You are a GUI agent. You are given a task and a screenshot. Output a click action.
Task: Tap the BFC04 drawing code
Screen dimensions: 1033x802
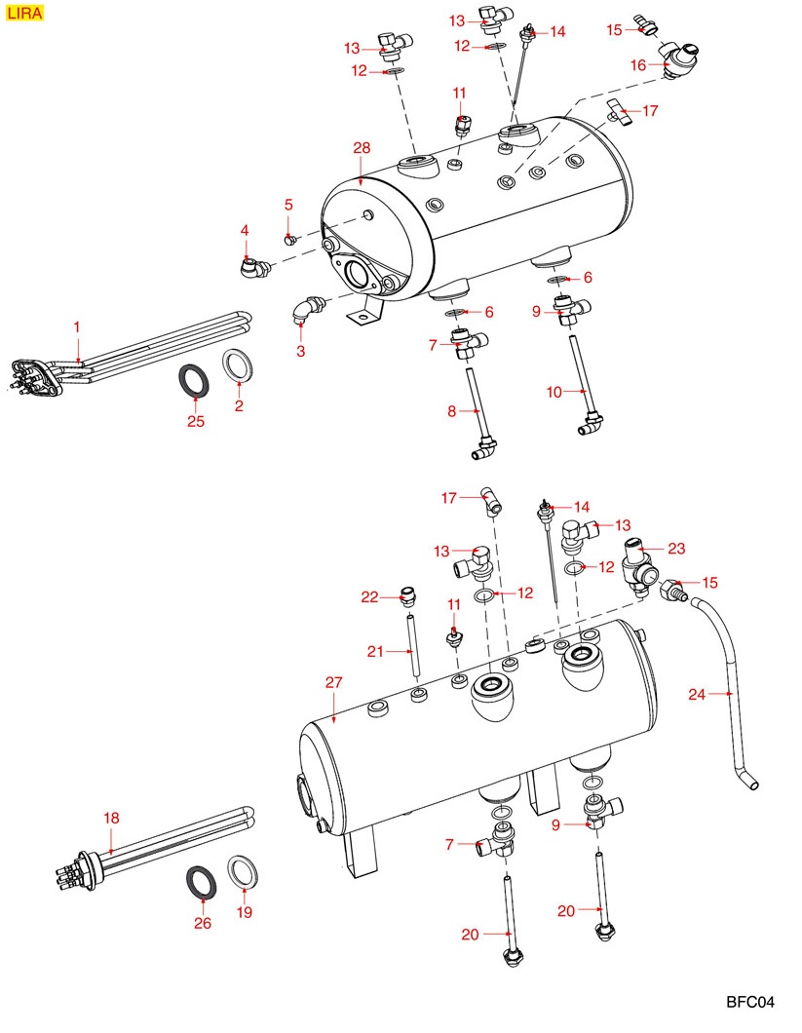point(749,1002)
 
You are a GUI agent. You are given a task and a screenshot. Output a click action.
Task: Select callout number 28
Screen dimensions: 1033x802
point(362,147)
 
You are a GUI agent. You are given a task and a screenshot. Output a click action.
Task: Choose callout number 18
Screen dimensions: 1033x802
point(111,819)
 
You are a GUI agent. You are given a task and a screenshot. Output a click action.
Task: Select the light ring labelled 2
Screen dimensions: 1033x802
point(238,367)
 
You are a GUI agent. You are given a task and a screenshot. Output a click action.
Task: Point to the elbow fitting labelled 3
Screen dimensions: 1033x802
point(305,312)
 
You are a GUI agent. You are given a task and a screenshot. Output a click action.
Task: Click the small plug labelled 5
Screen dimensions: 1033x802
point(289,238)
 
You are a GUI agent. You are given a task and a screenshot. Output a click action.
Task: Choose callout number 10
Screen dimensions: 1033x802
point(554,392)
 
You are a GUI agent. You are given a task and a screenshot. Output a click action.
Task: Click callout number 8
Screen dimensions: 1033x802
point(452,411)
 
